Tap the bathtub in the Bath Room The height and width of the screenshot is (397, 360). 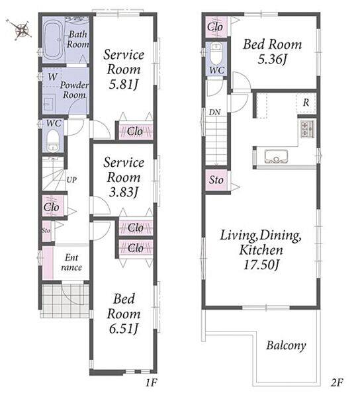pyautogui.click(x=53, y=40)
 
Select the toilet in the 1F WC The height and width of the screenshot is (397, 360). pyautogui.click(x=53, y=140)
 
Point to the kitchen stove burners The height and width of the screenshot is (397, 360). pyautogui.click(x=308, y=129)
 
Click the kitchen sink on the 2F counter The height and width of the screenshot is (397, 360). pyautogui.click(x=276, y=157)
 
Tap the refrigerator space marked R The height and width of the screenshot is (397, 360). pyautogui.click(x=306, y=103)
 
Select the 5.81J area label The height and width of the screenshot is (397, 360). pyautogui.click(x=124, y=85)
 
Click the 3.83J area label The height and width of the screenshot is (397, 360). pyautogui.click(x=124, y=192)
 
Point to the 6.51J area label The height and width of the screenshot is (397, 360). pyautogui.click(x=124, y=329)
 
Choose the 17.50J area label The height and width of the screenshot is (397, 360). pyautogui.click(x=261, y=265)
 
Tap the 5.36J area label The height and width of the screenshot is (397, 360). pyautogui.click(x=273, y=60)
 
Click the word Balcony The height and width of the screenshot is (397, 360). pyautogui.click(x=286, y=345)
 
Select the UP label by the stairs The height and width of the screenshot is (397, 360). pyautogui.click(x=71, y=180)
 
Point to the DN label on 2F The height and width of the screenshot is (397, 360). pyautogui.click(x=214, y=112)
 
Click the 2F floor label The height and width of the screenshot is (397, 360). pyautogui.click(x=337, y=383)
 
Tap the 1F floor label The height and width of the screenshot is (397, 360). pyautogui.click(x=151, y=383)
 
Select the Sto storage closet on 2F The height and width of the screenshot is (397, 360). pyautogui.click(x=216, y=180)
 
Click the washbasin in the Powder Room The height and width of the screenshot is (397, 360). pyautogui.click(x=49, y=103)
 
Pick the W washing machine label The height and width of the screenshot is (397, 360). pyautogui.click(x=53, y=77)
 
